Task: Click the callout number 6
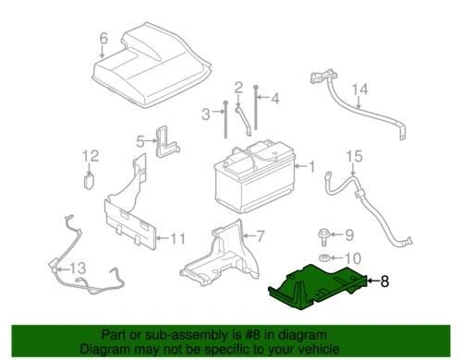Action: [103, 38]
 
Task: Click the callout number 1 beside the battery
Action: [311, 167]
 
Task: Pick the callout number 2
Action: [237, 88]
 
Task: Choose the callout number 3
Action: [205, 114]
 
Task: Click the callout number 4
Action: [274, 98]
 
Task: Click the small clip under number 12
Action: [91, 177]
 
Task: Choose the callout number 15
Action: [351, 158]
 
